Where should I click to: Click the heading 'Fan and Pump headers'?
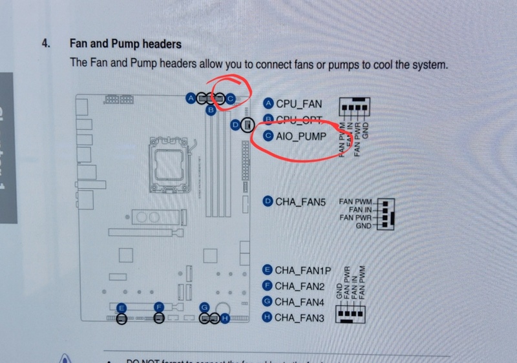[125, 45]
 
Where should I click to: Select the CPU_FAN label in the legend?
[298, 103]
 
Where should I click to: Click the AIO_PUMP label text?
[301, 136]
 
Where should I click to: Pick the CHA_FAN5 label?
[300, 202]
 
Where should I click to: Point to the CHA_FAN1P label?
[303, 269]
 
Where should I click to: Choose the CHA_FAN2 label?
[299, 285]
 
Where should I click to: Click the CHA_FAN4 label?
[299, 302]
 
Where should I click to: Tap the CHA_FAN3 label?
[299, 318]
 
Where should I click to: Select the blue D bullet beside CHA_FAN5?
[268, 202]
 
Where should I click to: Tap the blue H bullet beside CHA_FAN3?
[268, 318]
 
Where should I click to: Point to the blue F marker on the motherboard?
[158, 307]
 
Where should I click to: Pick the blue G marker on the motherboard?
[205, 307]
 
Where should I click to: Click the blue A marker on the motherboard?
[191, 98]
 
